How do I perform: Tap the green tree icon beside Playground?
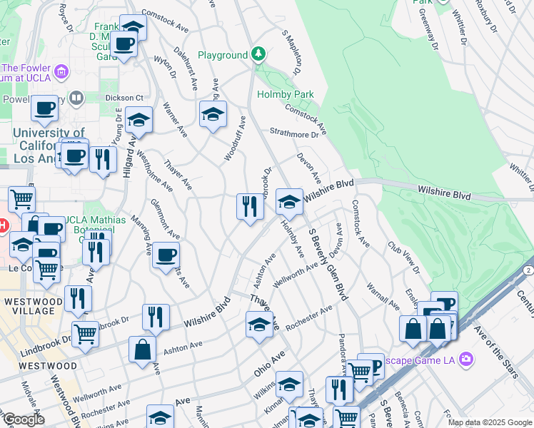(258, 54)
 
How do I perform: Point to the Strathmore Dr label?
(293, 133)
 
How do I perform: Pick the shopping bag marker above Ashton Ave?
(142, 349)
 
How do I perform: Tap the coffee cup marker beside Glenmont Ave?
(166, 254)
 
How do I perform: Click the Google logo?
(23, 419)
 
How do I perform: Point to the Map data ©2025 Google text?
(489, 422)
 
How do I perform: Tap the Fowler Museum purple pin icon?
(62, 71)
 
